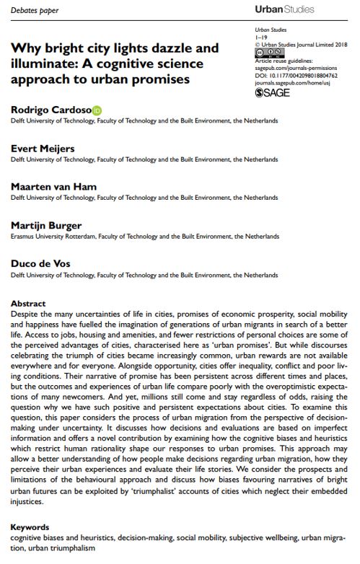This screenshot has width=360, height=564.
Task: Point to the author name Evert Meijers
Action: point(43,148)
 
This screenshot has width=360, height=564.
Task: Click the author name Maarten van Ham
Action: point(53,187)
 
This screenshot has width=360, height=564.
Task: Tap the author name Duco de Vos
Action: point(41,264)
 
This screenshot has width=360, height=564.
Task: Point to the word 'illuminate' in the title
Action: point(38,64)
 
